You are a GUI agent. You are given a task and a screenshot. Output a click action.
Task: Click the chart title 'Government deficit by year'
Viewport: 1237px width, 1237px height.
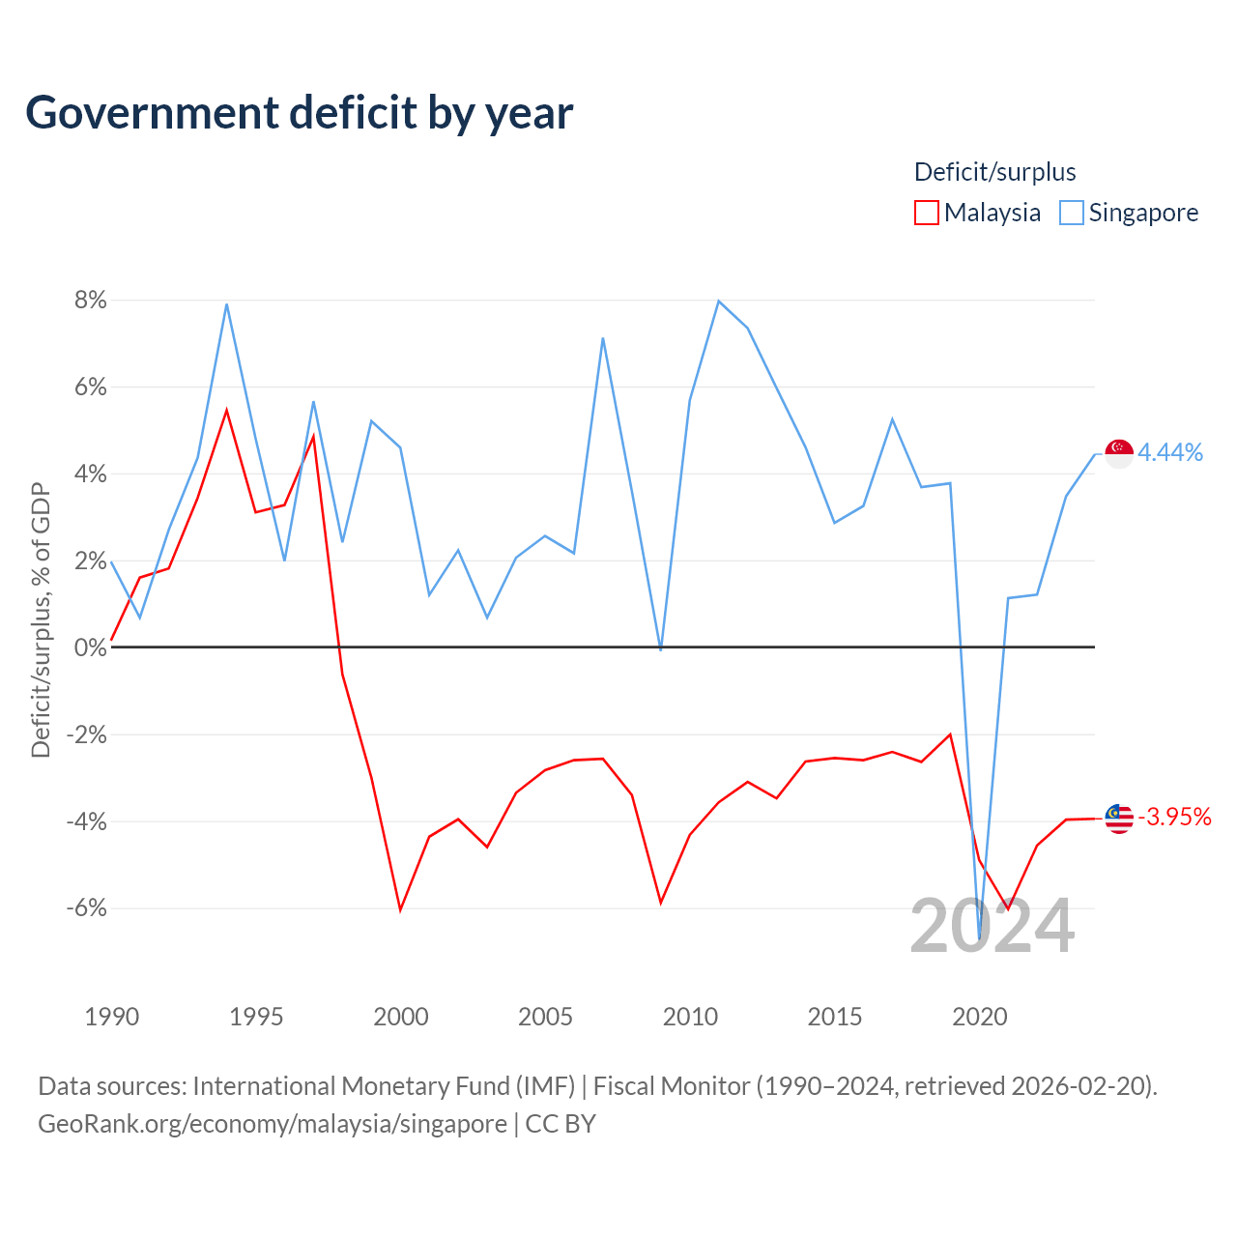(299, 113)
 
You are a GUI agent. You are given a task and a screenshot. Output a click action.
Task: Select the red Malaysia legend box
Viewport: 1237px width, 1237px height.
(926, 213)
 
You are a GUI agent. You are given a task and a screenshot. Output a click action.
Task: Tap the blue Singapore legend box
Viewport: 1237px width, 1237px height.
(1071, 213)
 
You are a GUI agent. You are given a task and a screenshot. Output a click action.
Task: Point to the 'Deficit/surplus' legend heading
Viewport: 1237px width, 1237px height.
(994, 172)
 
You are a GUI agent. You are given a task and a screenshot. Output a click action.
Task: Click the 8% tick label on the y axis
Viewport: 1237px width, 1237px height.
(91, 300)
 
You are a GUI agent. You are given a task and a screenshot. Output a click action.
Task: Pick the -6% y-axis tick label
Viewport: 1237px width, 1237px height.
(87, 907)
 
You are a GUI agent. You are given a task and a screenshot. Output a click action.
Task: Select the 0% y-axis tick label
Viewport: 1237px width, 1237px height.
(91, 647)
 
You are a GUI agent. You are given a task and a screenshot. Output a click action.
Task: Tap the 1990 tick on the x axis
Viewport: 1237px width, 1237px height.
(112, 1016)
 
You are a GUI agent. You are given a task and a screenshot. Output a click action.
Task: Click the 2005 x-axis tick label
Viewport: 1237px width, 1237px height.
(545, 1016)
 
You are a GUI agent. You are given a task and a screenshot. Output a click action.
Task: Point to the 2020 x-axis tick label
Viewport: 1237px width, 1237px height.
(979, 1016)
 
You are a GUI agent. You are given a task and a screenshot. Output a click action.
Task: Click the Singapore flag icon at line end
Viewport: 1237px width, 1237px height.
(1119, 454)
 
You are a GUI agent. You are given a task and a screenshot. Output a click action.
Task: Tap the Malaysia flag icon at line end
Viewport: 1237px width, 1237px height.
(1119, 819)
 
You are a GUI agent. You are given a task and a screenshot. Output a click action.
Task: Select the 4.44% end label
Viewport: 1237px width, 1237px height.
(1169, 452)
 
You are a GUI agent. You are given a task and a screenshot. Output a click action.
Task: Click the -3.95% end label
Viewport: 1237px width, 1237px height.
(1174, 817)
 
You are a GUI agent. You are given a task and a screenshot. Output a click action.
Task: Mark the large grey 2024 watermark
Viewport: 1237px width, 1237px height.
(992, 926)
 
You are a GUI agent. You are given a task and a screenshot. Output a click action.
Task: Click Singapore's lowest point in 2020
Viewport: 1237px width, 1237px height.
(979, 938)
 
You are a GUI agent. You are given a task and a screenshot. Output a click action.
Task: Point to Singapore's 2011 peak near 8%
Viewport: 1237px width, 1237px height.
(718, 302)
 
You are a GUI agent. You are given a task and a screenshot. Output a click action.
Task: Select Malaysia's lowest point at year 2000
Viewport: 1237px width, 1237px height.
(400, 910)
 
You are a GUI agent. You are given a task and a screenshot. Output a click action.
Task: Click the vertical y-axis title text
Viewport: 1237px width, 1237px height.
(41, 620)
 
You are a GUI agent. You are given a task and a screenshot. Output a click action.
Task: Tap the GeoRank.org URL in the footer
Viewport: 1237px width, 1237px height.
(273, 1124)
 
